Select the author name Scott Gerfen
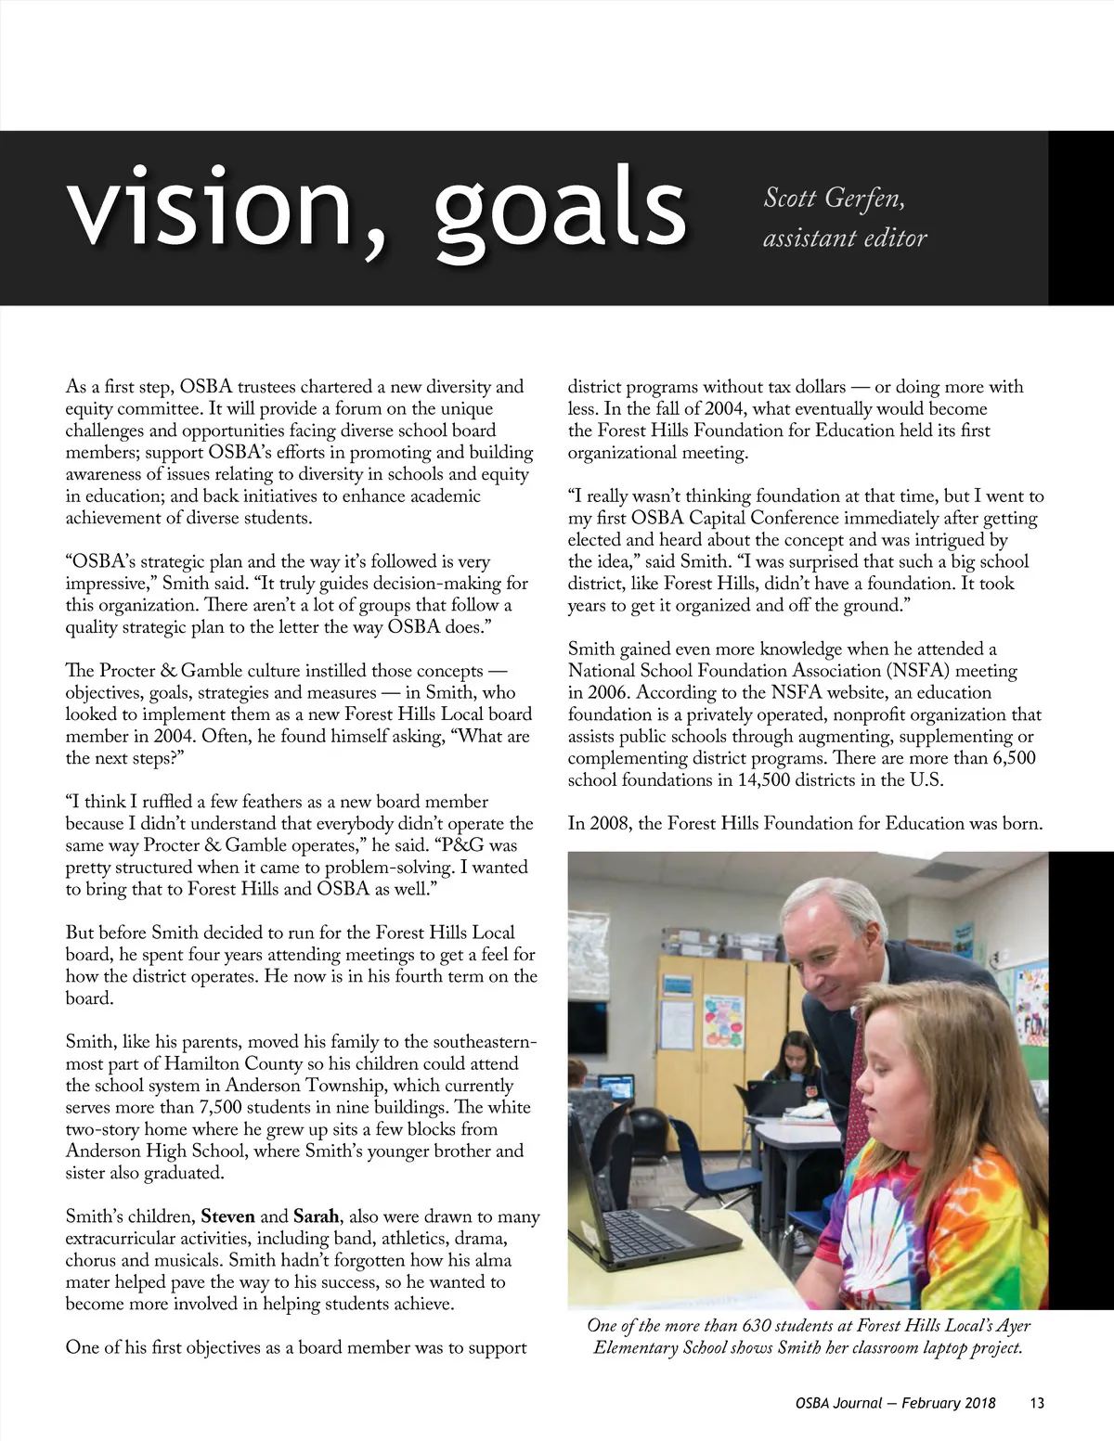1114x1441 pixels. (x=833, y=199)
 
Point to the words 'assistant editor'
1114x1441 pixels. (x=845, y=238)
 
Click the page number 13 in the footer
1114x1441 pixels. (x=1037, y=1403)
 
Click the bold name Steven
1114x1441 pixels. (x=227, y=1216)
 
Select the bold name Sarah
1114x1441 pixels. (x=316, y=1216)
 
